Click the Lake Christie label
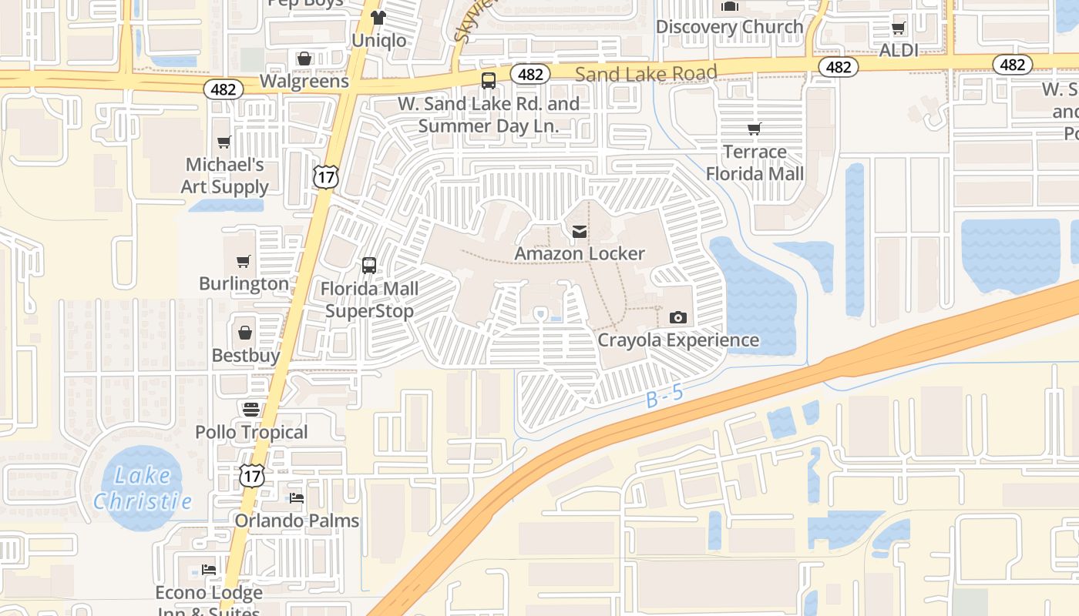coord(143,488)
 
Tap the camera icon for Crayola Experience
coord(678,317)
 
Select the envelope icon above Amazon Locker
coord(580,231)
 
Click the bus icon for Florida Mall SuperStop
coord(369,266)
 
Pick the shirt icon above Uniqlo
coord(378,17)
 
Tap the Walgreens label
coord(304,81)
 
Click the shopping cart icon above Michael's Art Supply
coord(224,142)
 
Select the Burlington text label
coord(244,283)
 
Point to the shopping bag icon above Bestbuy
coord(244,333)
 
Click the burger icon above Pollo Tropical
coord(251,409)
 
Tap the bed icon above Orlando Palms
coord(297,498)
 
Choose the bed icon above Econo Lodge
coord(209,570)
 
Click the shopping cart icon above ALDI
coord(898,28)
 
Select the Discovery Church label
coord(729,27)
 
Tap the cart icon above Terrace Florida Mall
coord(755,129)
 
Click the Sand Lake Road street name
coord(646,73)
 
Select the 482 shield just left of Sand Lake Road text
coord(530,75)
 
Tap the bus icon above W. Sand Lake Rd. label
coord(489,81)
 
